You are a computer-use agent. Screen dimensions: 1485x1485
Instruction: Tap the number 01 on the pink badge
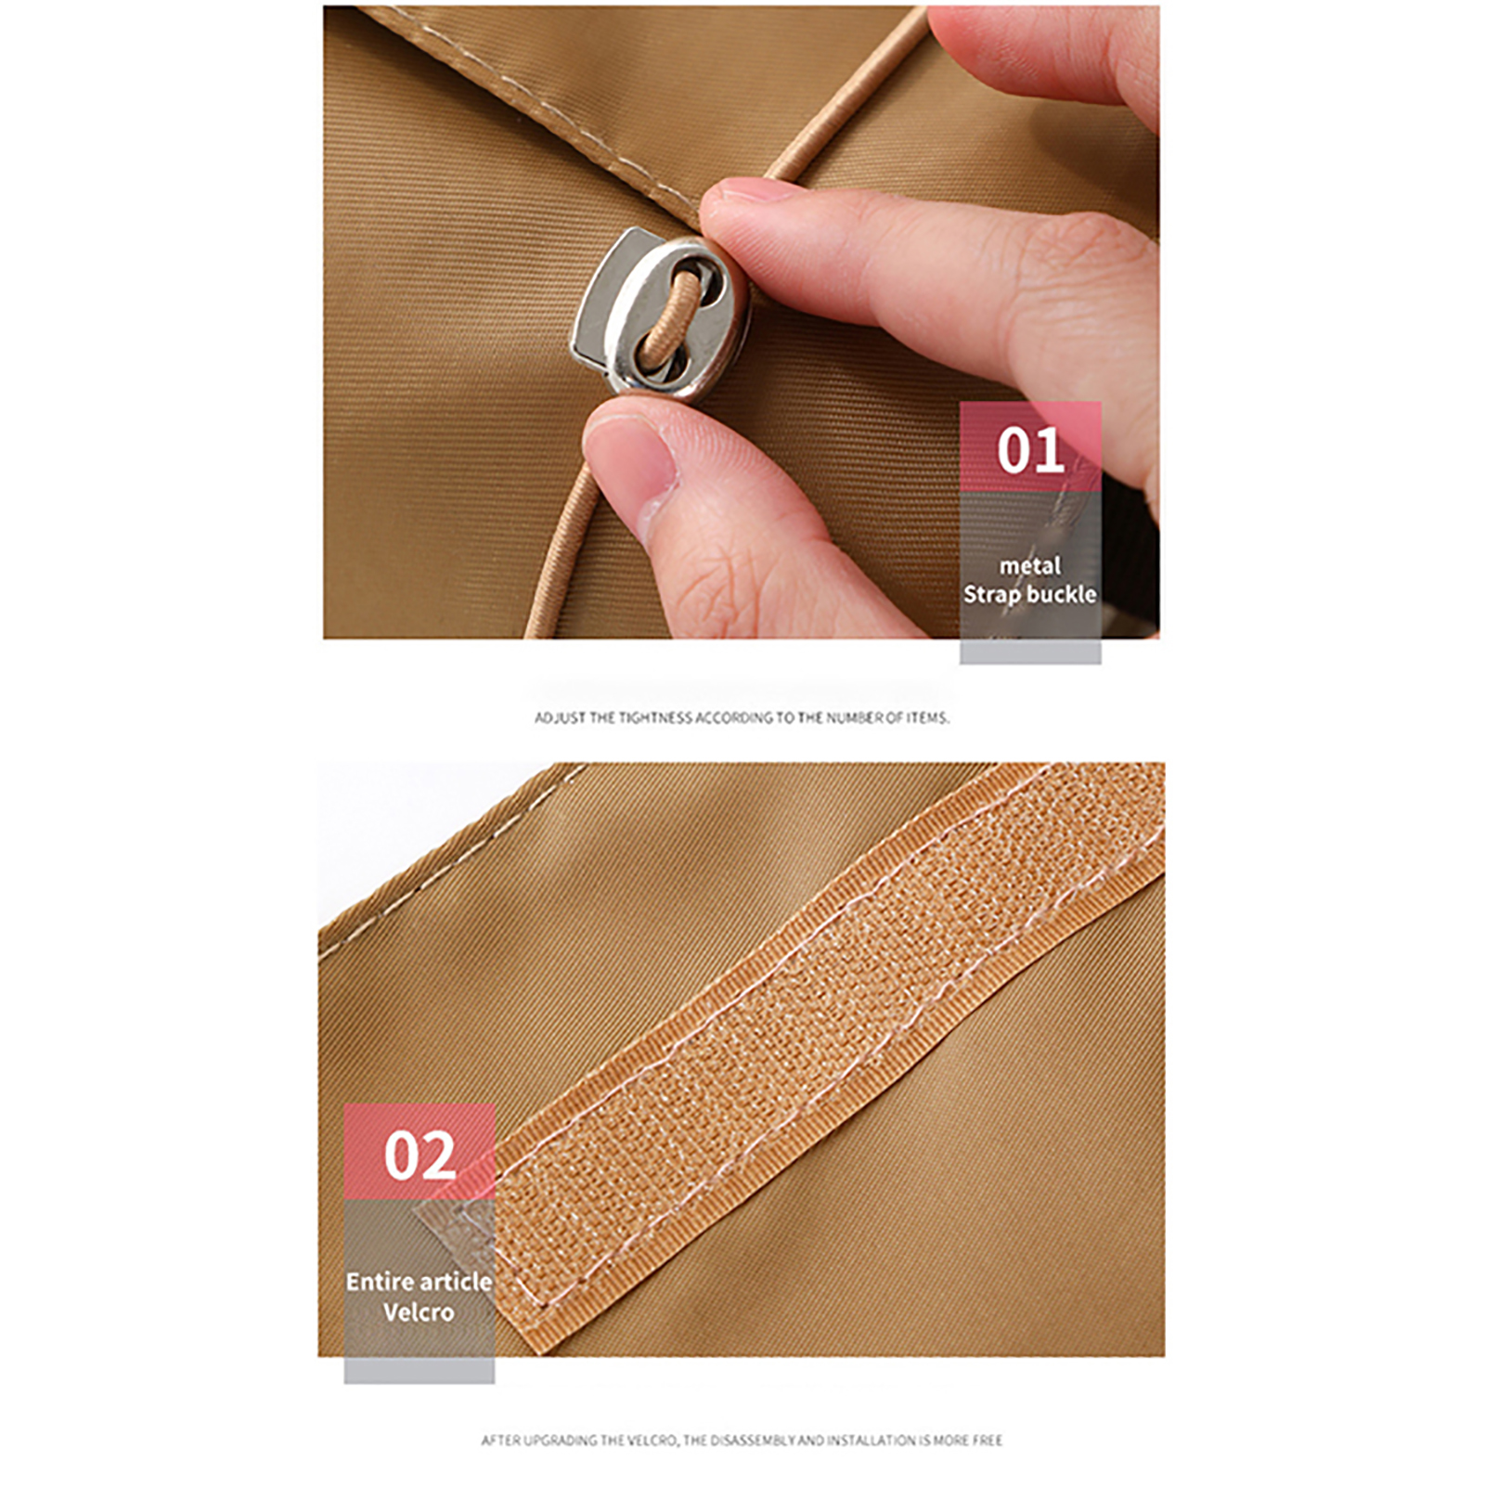1030,451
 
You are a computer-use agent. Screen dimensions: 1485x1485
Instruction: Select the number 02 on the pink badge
420,1156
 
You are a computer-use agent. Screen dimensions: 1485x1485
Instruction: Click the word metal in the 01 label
1030,565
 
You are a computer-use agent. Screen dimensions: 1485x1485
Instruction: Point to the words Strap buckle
1030,594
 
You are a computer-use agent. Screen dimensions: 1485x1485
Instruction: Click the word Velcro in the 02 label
419,1312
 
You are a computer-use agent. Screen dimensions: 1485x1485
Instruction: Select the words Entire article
420,1282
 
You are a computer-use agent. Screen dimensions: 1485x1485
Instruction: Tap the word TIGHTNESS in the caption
656,717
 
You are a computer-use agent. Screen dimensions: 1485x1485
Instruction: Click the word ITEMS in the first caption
926,717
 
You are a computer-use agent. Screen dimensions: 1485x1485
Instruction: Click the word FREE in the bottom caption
986,1440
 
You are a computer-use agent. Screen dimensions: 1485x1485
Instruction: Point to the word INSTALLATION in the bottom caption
872,1440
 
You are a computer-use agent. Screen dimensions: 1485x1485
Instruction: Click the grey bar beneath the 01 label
1030,652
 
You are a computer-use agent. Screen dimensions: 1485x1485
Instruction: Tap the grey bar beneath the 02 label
420,1371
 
